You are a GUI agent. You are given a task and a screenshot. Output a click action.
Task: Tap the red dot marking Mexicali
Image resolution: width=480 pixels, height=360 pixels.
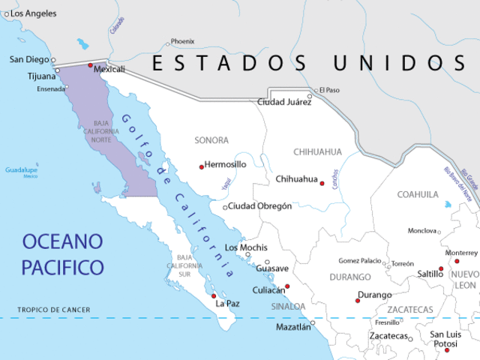[x=91, y=66]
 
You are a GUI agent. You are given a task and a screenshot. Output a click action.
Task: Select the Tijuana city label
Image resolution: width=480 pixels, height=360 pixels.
[x=41, y=76]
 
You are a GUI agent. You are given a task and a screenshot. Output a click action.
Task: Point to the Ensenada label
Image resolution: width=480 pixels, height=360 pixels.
[x=51, y=89]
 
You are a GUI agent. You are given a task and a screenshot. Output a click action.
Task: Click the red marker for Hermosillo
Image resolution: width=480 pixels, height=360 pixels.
[x=201, y=166]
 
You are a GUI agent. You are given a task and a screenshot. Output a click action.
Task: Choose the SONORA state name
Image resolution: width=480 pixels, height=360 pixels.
[x=211, y=140]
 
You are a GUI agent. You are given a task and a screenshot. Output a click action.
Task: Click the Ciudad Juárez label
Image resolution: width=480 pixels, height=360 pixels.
[x=284, y=102]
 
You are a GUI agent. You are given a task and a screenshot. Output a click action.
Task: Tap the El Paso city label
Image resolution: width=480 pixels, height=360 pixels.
[x=329, y=90]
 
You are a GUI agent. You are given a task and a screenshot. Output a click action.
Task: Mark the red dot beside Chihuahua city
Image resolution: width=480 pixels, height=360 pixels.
[x=322, y=183]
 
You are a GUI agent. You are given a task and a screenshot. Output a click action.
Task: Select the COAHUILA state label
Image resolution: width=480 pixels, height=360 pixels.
[x=418, y=194]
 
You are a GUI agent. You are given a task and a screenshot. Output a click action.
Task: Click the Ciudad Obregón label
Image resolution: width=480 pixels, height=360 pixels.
[x=259, y=206]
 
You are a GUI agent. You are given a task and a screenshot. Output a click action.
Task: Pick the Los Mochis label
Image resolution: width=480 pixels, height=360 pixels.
[x=246, y=247]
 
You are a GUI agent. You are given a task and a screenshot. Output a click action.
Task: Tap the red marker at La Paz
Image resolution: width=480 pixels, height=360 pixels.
[x=214, y=295]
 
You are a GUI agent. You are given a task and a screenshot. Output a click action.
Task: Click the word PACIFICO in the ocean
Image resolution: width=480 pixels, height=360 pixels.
[x=62, y=266]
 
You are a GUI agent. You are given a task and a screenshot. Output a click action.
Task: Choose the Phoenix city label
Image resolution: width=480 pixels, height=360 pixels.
[x=182, y=42]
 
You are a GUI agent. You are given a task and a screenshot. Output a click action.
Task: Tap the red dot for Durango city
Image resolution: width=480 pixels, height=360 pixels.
[x=358, y=301]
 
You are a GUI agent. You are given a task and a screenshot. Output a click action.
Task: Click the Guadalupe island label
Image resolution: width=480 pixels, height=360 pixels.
[x=21, y=170]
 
